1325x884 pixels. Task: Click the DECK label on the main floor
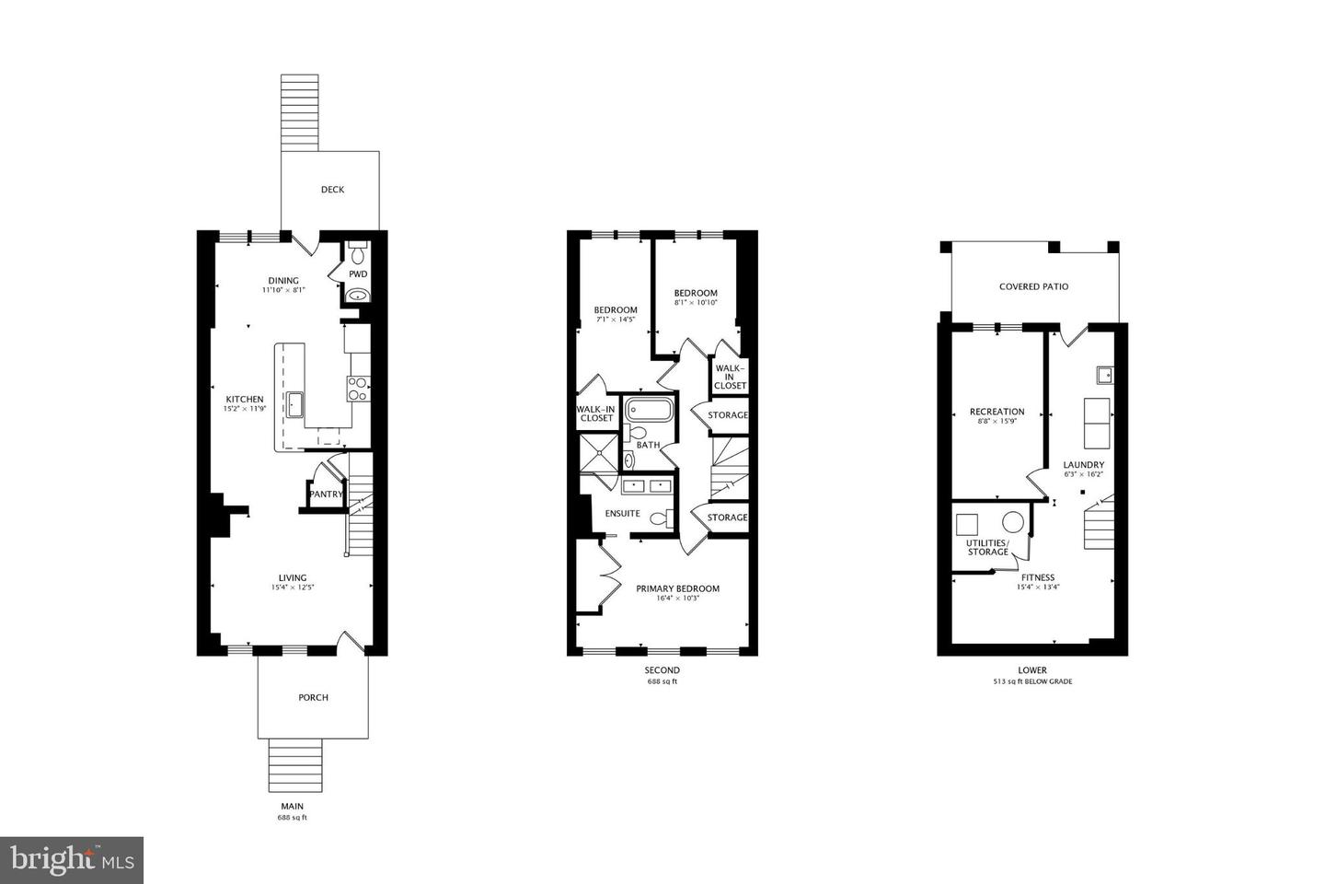tap(332, 190)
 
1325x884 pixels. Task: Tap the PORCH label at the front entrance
tap(313, 697)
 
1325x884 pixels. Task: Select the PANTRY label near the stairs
tap(326, 494)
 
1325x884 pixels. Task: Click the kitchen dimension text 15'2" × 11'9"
tap(244, 409)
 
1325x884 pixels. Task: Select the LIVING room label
tap(293, 578)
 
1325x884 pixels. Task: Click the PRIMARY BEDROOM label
tap(677, 588)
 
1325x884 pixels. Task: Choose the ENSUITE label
tap(622, 513)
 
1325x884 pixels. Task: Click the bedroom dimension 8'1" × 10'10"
tap(695, 302)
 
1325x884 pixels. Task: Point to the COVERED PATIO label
tap(1033, 286)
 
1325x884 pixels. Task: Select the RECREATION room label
tap(997, 412)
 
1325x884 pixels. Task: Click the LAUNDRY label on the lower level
tap(1083, 465)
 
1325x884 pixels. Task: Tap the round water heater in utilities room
tap(1012, 522)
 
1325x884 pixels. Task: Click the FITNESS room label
tap(1037, 577)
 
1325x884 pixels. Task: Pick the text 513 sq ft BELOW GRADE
tap(1032, 682)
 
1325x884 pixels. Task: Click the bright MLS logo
tap(71, 860)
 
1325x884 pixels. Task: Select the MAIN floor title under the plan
tap(292, 807)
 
